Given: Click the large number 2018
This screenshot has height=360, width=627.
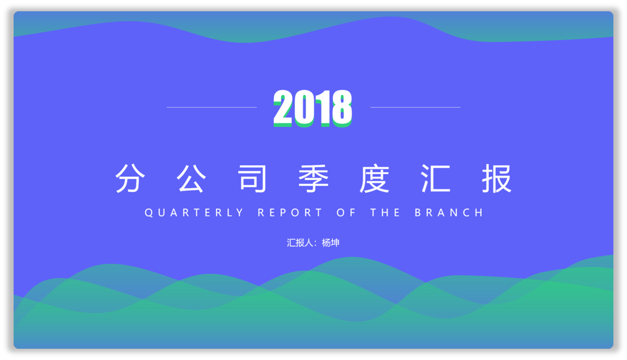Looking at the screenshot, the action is point(312,108).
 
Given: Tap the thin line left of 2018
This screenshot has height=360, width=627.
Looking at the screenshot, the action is point(211,107).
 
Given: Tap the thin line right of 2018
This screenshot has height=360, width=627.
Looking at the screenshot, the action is point(416,107).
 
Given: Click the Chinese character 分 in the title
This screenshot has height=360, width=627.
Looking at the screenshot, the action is point(130,178).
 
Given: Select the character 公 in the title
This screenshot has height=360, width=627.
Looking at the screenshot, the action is point(191,178).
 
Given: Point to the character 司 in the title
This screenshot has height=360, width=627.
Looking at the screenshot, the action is point(252,178).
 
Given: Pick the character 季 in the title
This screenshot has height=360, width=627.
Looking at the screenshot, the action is point(313,178).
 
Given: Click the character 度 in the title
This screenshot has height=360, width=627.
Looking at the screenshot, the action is point(375,178).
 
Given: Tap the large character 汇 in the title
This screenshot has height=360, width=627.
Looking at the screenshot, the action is point(435,178).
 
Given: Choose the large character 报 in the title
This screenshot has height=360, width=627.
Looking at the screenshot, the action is point(497,178).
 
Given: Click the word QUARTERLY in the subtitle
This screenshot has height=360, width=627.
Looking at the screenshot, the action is point(194,213).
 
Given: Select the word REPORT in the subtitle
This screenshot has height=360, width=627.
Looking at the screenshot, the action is point(290,213).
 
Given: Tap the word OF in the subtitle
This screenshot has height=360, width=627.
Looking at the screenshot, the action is point(346,213).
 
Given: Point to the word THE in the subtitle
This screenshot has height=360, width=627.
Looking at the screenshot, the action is point(385,213).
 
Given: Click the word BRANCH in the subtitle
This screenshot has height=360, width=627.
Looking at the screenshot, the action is point(449,213).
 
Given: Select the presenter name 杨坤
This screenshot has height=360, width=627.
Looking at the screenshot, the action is point(331,243).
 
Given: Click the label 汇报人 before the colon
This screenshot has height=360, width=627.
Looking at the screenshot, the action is point(300,243).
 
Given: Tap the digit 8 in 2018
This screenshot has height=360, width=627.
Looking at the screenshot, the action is point(342,109).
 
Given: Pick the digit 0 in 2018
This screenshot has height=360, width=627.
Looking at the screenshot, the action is point(304,109).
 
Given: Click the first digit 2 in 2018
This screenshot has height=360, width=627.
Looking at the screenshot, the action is point(283,108).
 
